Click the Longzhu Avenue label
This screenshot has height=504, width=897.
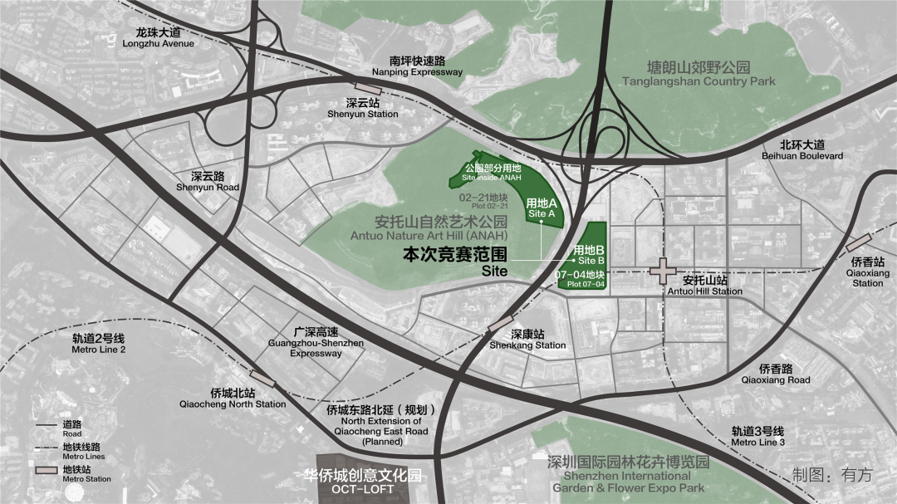click(x=158, y=37)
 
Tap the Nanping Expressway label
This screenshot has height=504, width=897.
click(x=417, y=66)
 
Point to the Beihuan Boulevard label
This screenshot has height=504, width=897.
click(x=801, y=149)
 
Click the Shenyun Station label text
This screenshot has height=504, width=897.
click(x=361, y=108)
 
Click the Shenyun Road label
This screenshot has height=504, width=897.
click(x=208, y=181)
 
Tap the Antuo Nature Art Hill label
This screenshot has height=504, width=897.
click(x=429, y=228)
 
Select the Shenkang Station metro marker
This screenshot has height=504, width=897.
click(x=502, y=323)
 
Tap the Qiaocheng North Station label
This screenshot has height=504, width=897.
click(x=233, y=399)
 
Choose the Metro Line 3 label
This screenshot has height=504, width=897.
click(x=757, y=437)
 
